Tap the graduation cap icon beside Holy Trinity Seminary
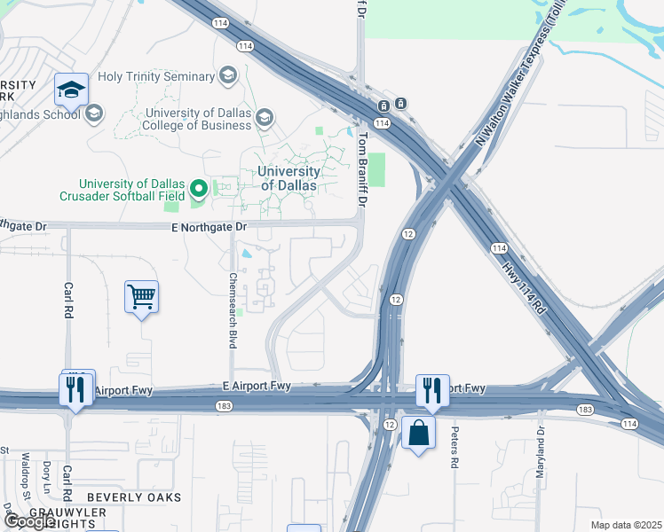(228, 76)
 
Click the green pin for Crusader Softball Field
(199, 188)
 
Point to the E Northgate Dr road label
(209, 228)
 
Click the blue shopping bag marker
(418, 434)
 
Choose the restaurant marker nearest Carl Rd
(75, 390)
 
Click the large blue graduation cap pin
(71, 90)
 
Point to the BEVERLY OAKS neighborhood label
(133, 497)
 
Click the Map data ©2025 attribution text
(626, 525)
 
